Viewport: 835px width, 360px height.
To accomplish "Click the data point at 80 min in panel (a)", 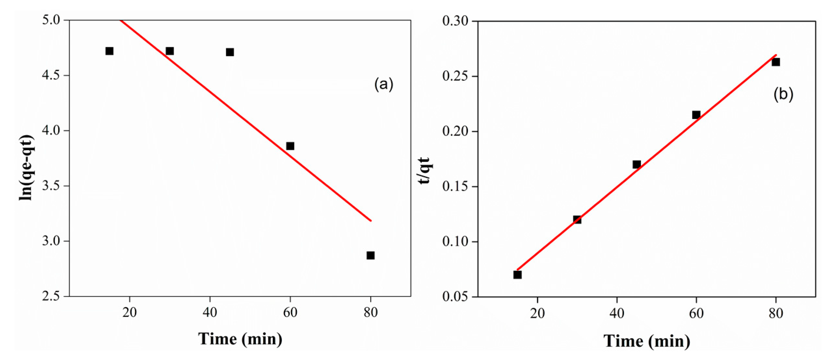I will [x=371, y=256].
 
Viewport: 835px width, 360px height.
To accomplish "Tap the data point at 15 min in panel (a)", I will [x=109, y=51].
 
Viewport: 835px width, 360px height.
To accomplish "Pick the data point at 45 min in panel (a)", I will [x=230, y=52].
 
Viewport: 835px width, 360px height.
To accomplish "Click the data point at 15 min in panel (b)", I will [x=517, y=275].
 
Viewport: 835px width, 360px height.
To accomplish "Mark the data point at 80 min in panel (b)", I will [x=776, y=62].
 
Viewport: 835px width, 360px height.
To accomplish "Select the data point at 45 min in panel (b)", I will [x=637, y=164].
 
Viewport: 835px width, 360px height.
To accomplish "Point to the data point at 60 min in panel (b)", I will [x=696, y=115].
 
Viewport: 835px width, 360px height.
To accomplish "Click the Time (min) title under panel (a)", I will [x=240, y=339].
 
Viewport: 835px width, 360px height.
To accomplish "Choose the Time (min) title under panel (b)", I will [x=647, y=341].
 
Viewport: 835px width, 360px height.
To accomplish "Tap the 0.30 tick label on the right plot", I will [x=455, y=21].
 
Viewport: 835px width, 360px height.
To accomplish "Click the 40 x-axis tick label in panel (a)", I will [x=210, y=313].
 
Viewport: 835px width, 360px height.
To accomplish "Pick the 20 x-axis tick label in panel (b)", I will [x=538, y=313].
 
